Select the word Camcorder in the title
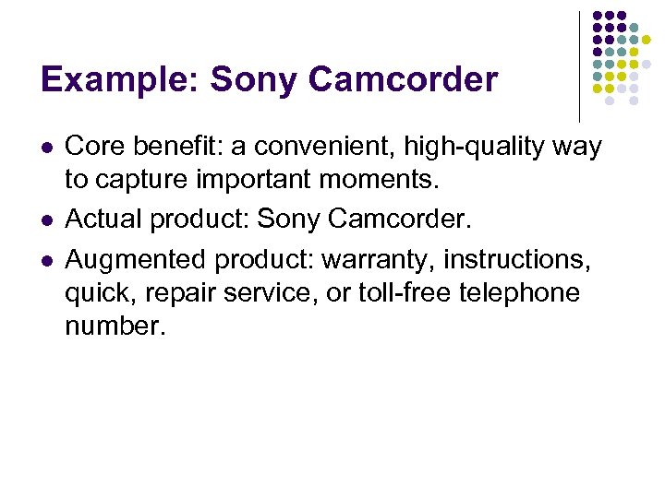pyautogui.click(x=404, y=80)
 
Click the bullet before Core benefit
pyautogui.click(x=47, y=148)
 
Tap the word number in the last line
pyautogui.click(x=114, y=327)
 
